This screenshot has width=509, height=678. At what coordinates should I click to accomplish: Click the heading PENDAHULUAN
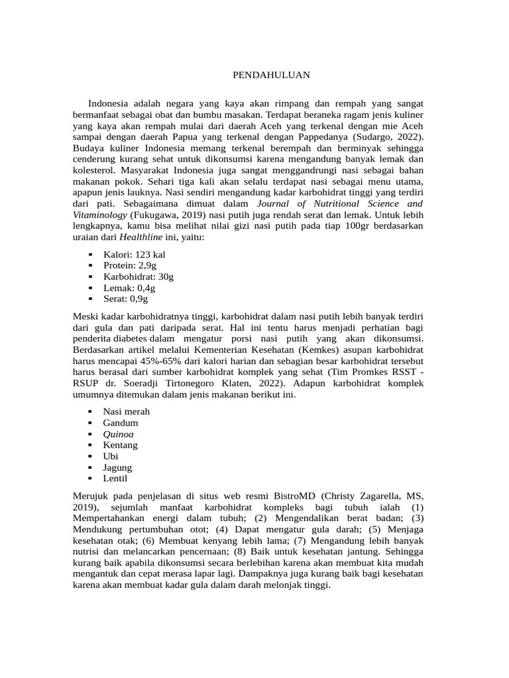pyautogui.click(x=271, y=75)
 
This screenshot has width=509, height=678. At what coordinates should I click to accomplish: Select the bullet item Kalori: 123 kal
pyautogui.click(x=134, y=254)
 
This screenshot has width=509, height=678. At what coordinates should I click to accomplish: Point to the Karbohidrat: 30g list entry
pyautogui.click(x=139, y=276)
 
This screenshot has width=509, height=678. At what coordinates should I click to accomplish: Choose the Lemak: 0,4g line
pyautogui.click(x=129, y=287)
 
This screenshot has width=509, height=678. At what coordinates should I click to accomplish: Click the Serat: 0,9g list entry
pyautogui.click(x=125, y=299)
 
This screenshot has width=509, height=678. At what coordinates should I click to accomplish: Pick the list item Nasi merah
pyautogui.click(x=127, y=411)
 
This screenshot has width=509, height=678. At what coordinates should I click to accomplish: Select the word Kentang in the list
pyautogui.click(x=120, y=445)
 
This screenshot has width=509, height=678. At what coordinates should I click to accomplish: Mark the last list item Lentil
pyautogui.click(x=115, y=479)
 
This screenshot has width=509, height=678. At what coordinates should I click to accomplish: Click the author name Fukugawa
pyautogui.click(x=157, y=215)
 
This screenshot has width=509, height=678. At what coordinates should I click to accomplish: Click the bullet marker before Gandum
pyautogui.click(x=90, y=422)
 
